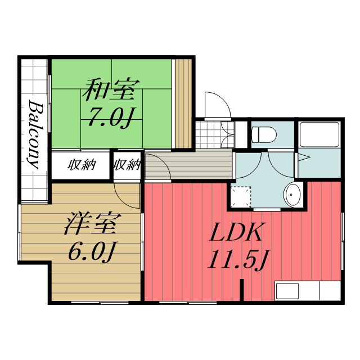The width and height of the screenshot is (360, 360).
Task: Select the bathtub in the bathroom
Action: click(319, 134)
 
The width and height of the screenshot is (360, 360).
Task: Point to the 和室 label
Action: click(111, 90)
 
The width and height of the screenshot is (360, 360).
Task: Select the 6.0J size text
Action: click(92, 251)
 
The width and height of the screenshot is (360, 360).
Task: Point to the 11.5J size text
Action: click(238, 259)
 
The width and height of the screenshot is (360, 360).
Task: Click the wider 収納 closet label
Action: click(82, 165)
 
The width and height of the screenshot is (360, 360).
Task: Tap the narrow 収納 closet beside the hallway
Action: click(127, 165)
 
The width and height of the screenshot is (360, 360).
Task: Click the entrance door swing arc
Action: click(222, 100)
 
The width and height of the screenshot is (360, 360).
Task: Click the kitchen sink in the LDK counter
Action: click(287, 291)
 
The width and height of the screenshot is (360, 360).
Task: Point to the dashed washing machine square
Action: click(241, 197)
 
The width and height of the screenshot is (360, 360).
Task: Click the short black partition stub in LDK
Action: click(241, 290)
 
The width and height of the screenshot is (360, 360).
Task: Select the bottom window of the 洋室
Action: click(100, 303)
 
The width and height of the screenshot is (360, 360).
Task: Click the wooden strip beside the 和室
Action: click(183, 103)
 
